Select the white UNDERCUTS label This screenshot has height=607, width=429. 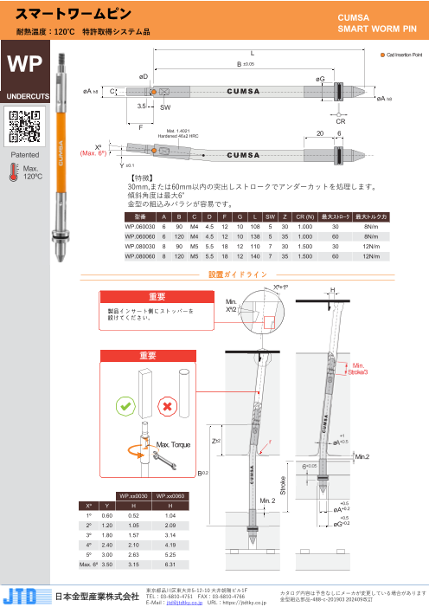pyautogui.click(x=24, y=95)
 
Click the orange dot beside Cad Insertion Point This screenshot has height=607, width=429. pyautogui.click(x=383, y=55)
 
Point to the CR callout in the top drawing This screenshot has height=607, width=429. pyautogui.click(x=340, y=123)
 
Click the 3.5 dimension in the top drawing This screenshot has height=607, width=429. pyautogui.click(x=141, y=106)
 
